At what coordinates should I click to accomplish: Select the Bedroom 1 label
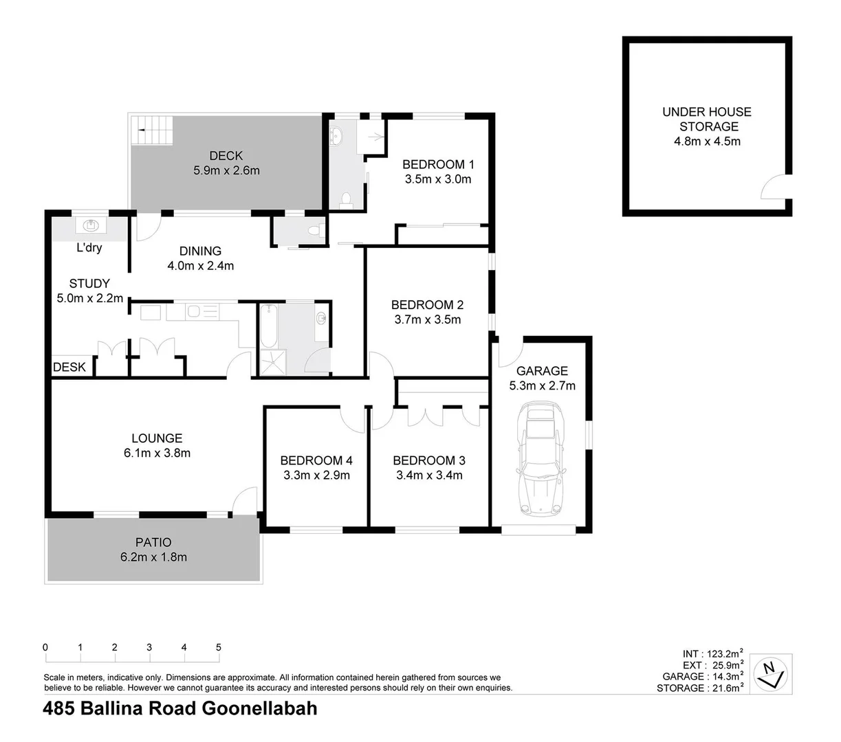tap(438, 164)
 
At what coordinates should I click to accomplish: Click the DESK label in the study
tap(69, 367)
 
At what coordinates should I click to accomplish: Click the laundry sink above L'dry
tap(90, 225)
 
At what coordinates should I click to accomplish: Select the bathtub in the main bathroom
tap(268, 327)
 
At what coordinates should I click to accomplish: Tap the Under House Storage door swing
tap(774, 186)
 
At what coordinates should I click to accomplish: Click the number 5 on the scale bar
tap(219, 647)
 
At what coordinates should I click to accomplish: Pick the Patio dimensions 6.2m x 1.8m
tap(153, 557)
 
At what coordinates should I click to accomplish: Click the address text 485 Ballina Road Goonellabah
tap(180, 708)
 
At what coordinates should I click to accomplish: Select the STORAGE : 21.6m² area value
tap(700, 688)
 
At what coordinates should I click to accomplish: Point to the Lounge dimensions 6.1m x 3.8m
tap(157, 453)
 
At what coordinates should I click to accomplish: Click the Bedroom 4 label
tap(316, 460)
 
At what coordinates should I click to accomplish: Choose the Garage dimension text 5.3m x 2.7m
tap(542, 385)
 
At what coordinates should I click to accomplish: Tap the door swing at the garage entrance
tap(507, 353)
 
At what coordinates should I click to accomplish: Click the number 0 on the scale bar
tap(45, 647)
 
